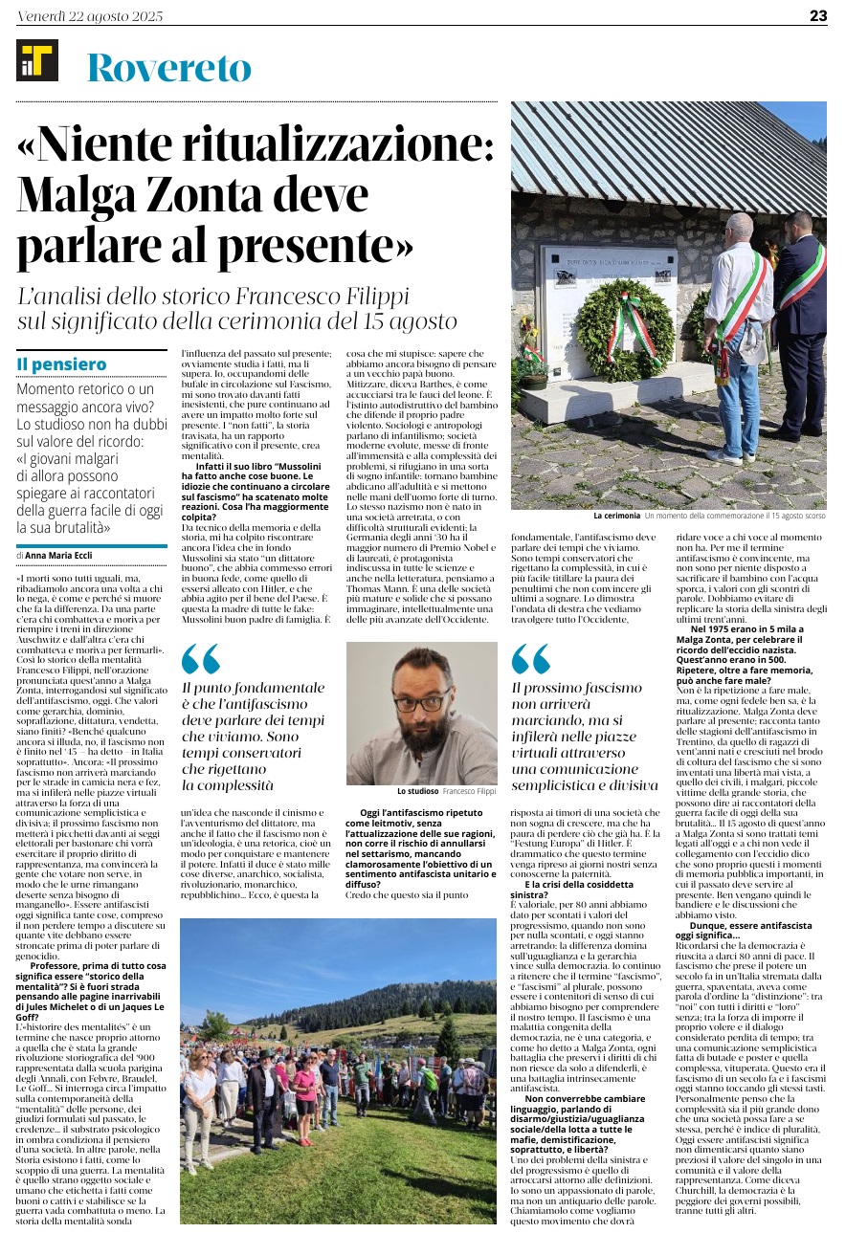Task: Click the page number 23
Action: point(817,15)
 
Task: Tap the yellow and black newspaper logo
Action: point(37,62)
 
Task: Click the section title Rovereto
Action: point(168,68)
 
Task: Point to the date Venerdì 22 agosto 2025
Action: point(91,16)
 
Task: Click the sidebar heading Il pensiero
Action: point(61,364)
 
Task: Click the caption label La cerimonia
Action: point(616,517)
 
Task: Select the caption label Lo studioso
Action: point(418,792)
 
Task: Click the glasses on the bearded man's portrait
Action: point(422,700)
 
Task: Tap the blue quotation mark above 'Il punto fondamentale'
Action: point(200,659)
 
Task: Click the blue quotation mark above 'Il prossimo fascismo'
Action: point(530,659)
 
